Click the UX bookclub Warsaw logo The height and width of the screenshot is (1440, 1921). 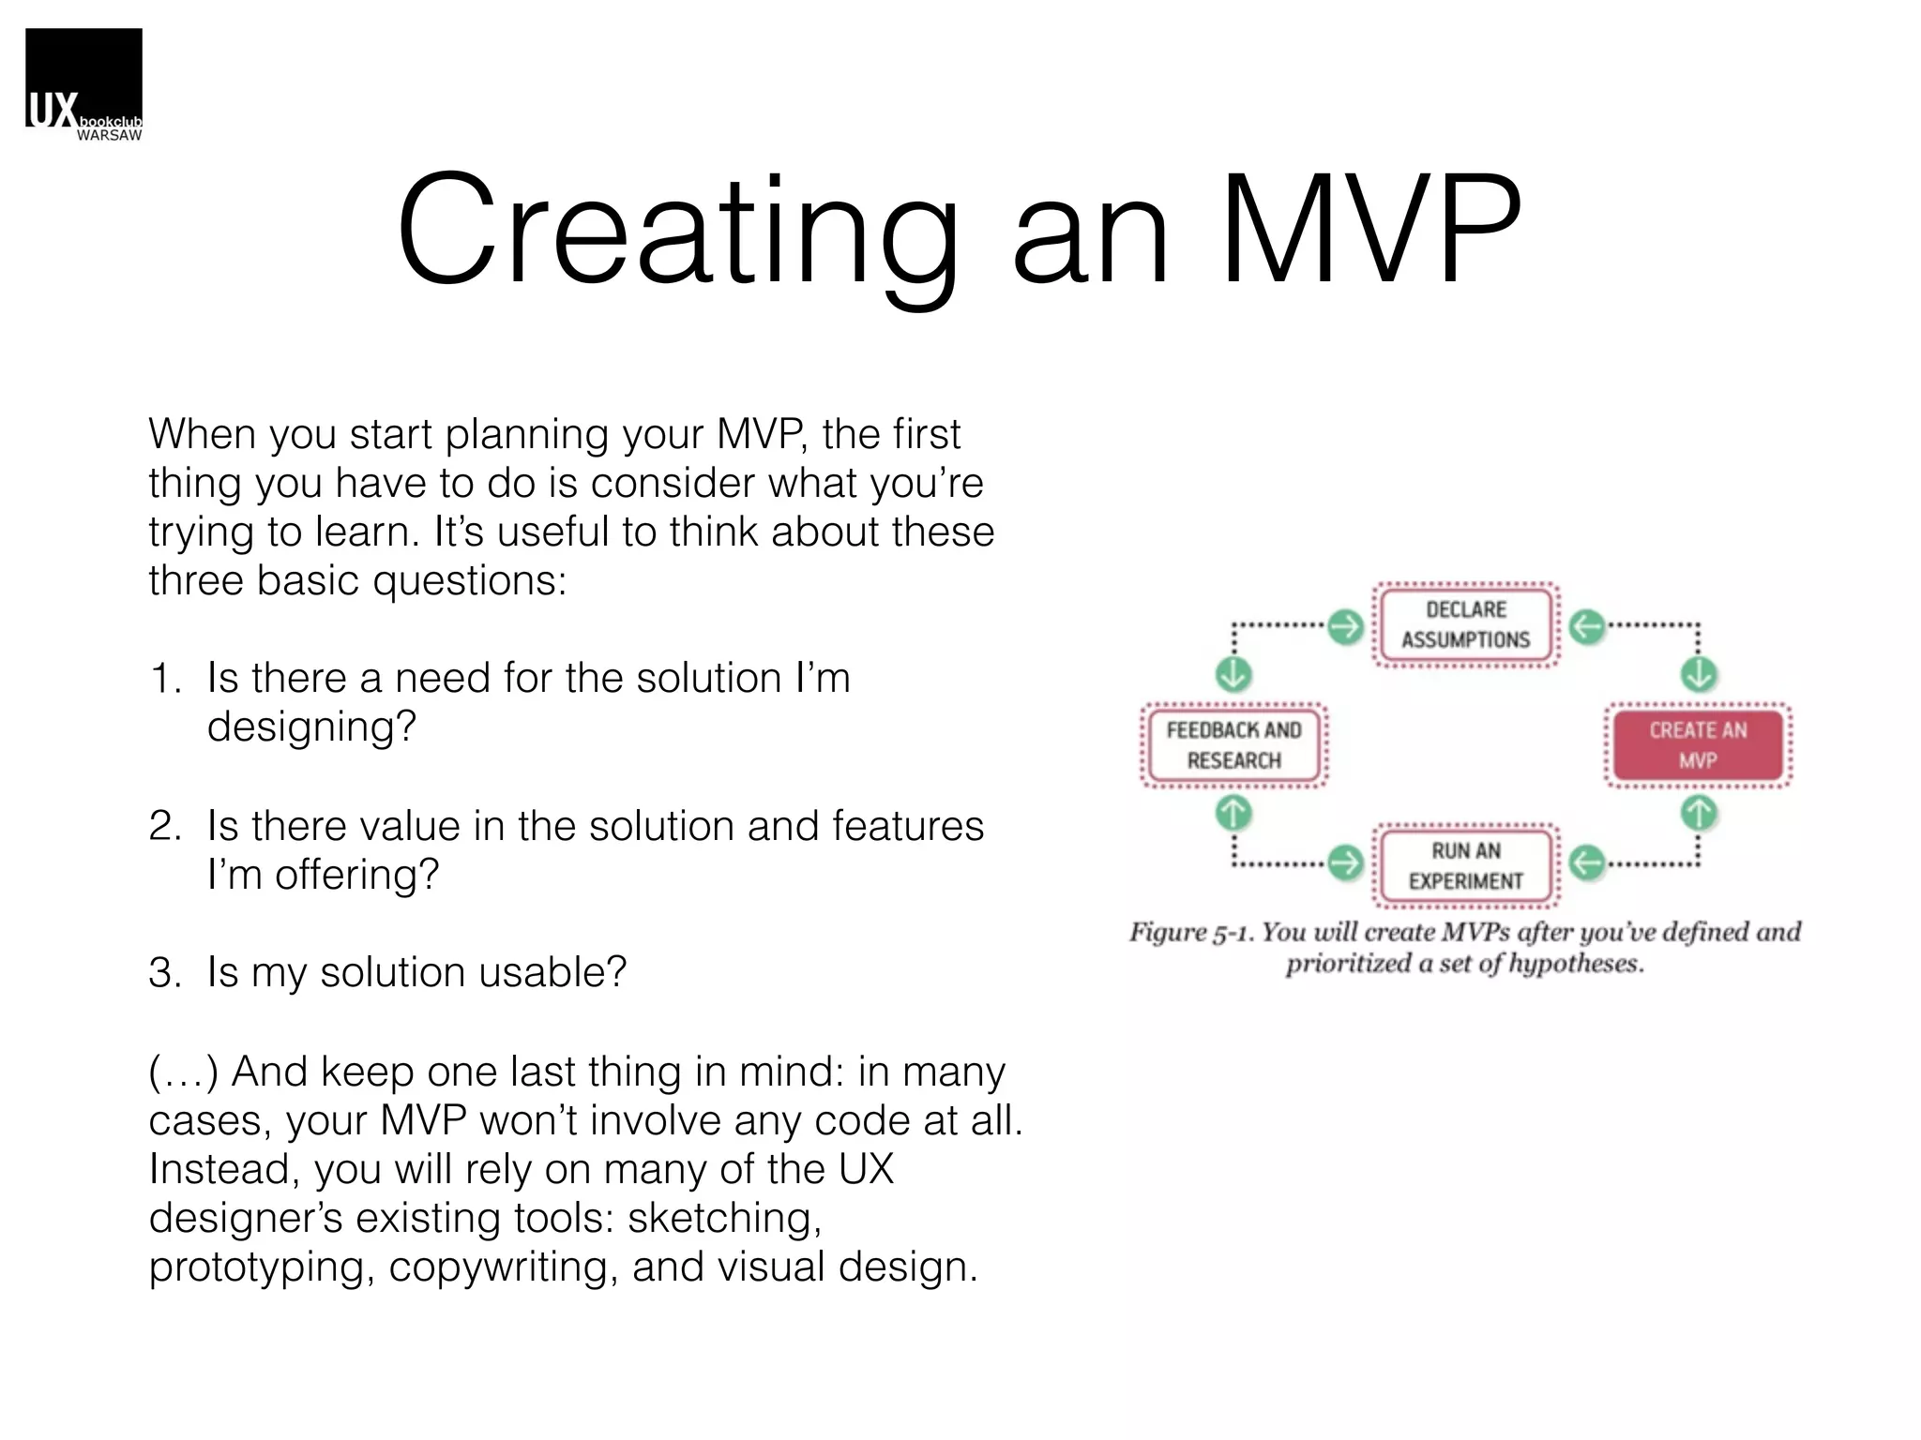83,84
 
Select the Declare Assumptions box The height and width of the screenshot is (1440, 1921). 1465,624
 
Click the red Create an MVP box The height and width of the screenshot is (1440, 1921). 1698,745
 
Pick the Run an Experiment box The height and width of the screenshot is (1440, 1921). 1465,865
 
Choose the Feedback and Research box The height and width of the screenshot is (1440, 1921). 1233,745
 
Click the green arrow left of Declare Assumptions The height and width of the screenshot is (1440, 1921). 1346,626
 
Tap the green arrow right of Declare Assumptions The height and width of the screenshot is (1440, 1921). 1587,626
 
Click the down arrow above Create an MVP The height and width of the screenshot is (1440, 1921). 1699,674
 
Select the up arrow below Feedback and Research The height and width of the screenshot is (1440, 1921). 1233,813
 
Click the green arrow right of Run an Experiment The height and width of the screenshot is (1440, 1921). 1587,862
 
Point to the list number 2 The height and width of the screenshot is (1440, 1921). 164,827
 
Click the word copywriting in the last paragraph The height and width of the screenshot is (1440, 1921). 503,1267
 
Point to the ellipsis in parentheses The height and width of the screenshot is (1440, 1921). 184,1072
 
